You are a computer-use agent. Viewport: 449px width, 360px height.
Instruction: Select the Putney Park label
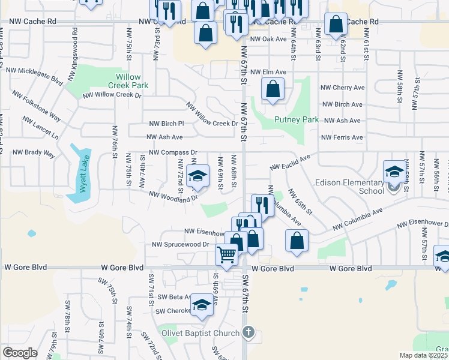coord(297,119)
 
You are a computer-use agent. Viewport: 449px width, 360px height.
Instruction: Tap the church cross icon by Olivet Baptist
coord(249,332)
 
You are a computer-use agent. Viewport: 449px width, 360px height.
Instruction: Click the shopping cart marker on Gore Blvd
coord(227,255)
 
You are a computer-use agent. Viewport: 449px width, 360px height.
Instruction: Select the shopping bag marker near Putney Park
coord(273,89)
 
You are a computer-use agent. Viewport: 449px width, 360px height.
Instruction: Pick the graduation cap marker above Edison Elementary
coord(394,172)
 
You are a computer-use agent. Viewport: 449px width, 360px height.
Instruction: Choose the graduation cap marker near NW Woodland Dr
coord(196,176)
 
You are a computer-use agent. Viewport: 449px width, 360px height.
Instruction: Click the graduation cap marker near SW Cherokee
coord(202,306)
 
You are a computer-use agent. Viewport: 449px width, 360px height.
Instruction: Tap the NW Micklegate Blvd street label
coord(35,75)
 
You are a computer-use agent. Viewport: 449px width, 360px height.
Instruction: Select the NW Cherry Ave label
coord(342,88)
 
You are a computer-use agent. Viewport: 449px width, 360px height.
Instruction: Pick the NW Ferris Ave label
coord(342,137)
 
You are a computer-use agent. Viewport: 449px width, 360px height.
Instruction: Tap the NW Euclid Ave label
coord(290,162)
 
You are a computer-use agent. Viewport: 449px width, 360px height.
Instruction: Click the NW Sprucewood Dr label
coord(180,245)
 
